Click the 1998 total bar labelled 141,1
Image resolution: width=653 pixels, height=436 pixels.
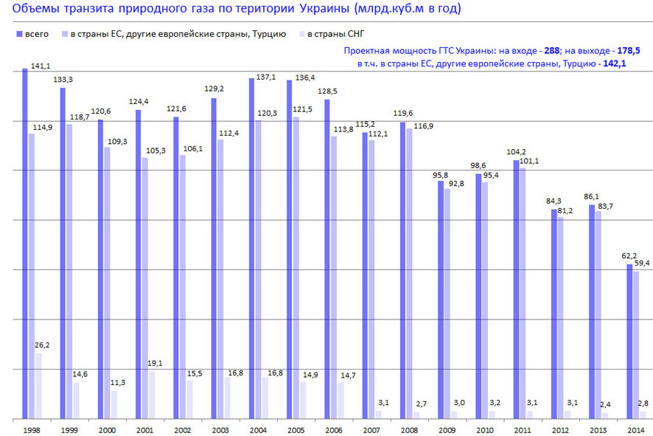click(25, 243)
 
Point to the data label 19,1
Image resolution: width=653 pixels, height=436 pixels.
click(156, 363)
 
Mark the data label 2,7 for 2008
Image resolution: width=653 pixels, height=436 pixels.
click(421, 404)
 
